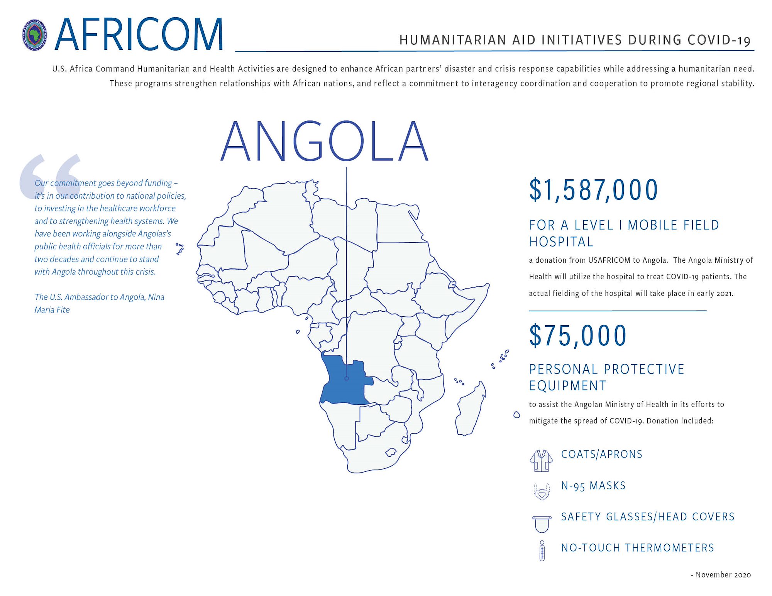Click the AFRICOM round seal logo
click(35, 35)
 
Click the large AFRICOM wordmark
click(139, 35)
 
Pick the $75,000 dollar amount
click(578, 336)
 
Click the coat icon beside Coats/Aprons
click(541, 461)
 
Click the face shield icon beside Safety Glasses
click(542, 523)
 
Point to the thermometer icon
click(542, 551)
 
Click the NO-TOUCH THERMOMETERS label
click(637, 548)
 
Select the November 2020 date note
click(721, 575)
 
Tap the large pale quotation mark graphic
click(50, 176)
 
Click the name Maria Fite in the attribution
click(52, 310)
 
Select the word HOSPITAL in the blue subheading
click(561, 242)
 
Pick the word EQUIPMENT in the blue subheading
click(568, 386)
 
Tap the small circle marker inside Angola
click(346, 378)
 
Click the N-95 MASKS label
click(593, 486)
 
